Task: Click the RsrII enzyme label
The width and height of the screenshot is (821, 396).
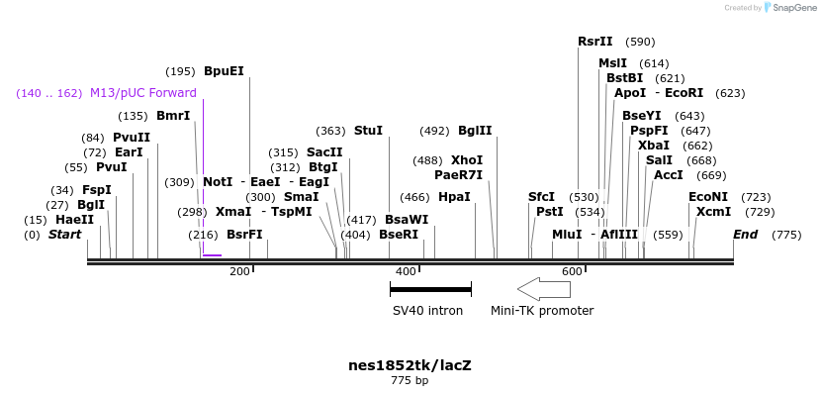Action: pos(595,42)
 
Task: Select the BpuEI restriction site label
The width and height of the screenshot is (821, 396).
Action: pos(224,71)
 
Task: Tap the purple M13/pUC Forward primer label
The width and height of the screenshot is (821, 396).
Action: pos(142,93)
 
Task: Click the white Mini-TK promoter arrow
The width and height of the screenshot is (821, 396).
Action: pos(544,289)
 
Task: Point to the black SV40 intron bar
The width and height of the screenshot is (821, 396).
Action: pos(430,289)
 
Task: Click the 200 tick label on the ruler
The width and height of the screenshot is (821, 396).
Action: pos(239,272)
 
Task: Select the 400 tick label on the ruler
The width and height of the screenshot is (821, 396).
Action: pos(406,272)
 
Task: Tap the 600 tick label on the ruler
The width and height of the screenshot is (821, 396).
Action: pos(572,272)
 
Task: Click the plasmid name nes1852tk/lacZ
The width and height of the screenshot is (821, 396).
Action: pos(410,364)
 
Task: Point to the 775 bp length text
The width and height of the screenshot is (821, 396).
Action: pos(410,380)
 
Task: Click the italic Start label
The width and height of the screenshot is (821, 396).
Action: pos(64,235)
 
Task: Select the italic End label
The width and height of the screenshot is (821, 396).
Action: pos(745,235)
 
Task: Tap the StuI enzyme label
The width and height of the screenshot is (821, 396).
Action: pos(368,131)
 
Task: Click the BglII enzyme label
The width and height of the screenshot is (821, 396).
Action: pos(475,131)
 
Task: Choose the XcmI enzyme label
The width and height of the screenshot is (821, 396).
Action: pos(713,212)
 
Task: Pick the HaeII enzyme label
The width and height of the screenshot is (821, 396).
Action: pos(74,220)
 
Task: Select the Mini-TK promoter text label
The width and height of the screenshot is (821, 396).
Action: pos(542,311)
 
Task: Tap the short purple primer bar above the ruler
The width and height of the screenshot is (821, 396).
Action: pos(212,255)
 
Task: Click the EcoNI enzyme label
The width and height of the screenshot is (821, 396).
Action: pos(708,197)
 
